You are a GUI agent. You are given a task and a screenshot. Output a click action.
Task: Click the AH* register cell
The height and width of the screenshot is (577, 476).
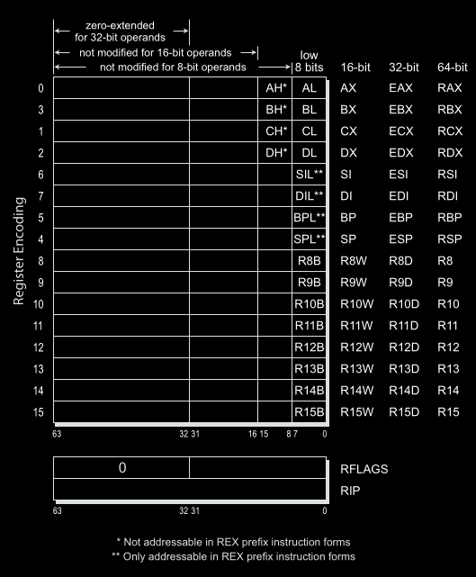click(x=275, y=88)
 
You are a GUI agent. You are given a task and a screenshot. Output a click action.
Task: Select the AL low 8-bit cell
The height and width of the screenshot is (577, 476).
click(x=310, y=88)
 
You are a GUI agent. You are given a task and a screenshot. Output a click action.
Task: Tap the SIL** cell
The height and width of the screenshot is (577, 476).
click(x=310, y=175)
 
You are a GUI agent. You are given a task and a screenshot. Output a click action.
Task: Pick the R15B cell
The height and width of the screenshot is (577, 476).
click(x=310, y=412)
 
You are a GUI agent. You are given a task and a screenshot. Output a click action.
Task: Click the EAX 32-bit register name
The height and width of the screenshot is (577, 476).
click(x=400, y=88)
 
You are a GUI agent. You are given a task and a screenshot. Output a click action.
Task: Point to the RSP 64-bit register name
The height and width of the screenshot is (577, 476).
click(x=449, y=239)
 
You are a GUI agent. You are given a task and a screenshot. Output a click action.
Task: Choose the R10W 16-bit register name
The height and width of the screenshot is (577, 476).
click(x=357, y=304)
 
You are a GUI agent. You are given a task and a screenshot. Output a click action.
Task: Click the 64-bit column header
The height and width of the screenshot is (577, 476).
click(x=452, y=68)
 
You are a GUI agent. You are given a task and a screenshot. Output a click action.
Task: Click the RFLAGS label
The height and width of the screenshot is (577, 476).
click(x=364, y=469)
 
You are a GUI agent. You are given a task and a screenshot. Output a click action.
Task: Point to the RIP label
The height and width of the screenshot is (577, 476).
click(x=349, y=490)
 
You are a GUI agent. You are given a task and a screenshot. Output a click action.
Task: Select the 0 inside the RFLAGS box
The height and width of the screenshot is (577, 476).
click(x=121, y=468)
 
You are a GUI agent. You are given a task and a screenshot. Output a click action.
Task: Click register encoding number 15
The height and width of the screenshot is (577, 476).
click(x=39, y=412)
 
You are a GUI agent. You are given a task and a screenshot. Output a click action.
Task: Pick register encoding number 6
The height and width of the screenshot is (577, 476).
click(x=39, y=175)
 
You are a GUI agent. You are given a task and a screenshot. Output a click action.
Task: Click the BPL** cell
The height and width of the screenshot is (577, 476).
click(x=310, y=218)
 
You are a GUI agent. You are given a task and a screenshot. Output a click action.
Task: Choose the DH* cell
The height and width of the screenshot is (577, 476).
click(x=275, y=153)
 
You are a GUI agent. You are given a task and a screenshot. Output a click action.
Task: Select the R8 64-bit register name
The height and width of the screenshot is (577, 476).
click(x=445, y=261)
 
